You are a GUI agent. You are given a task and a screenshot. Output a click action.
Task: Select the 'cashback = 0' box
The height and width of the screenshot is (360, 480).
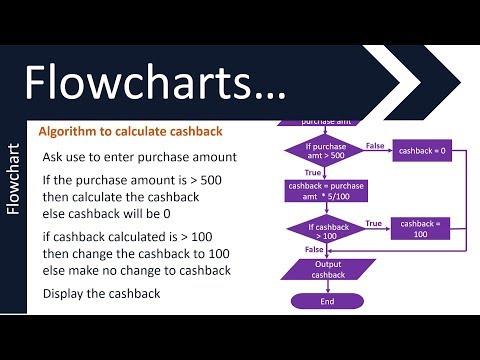422,151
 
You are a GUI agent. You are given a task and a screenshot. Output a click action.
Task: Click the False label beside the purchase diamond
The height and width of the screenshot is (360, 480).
374,145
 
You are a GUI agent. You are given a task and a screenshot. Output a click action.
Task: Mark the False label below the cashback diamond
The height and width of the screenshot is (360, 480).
313,250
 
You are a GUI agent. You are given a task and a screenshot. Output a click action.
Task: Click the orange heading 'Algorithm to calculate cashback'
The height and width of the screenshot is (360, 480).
130,132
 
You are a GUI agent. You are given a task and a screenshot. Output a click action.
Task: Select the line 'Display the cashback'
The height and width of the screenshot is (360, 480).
102,294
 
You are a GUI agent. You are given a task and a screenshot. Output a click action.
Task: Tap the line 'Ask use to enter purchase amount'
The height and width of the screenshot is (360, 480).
138,158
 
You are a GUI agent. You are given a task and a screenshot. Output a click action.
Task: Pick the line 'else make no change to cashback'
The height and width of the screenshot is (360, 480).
137,271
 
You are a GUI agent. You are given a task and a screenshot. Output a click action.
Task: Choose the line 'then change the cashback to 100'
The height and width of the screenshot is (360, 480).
135,253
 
